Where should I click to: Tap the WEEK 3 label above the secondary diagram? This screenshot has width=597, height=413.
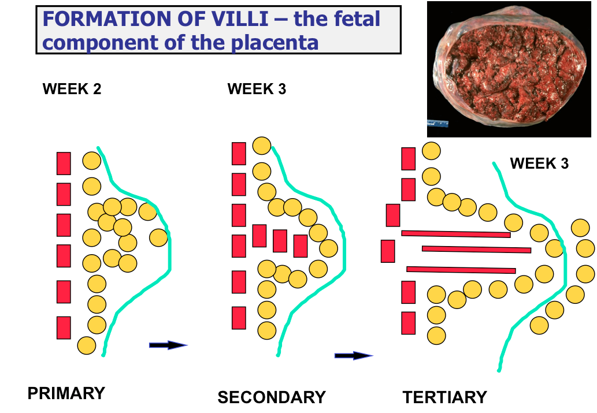point(257,89)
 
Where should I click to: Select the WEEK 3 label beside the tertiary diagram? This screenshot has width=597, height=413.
point(539,163)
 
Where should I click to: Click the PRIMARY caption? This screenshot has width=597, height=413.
point(66,393)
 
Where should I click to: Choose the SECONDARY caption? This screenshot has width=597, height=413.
point(272,397)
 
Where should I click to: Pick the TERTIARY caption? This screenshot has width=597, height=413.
point(444,397)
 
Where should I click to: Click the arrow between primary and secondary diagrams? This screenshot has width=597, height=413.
point(168,345)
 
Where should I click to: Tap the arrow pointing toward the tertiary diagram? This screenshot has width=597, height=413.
point(353,355)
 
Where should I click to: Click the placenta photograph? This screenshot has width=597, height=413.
point(511,70)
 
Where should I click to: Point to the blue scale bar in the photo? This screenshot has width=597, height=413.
point(439,122)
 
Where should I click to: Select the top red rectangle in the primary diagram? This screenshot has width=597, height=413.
point(64,163)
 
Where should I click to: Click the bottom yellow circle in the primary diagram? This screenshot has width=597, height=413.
point(86,345)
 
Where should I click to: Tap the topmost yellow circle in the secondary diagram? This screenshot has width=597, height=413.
point(262,146)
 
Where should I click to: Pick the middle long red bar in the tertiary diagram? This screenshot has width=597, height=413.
point(476,250)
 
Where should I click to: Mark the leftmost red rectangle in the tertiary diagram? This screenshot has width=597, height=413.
point(388,251)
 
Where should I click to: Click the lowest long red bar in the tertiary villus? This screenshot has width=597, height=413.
point(461,269)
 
